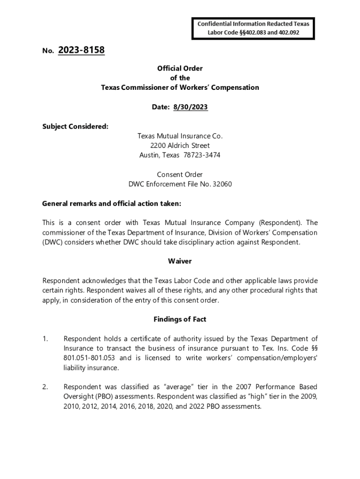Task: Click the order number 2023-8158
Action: coord(81,50)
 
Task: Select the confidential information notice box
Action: coord(253,28)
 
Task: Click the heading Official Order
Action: coord(180,68)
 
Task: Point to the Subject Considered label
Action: coord(75,126)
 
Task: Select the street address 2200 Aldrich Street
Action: coord(180,145)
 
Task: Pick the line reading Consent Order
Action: coord(180,174)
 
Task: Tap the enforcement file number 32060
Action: coord(222,184)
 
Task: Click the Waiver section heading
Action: coord(180,261)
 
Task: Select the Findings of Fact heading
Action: coord(180,319)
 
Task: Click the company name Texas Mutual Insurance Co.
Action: coord(180,136)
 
